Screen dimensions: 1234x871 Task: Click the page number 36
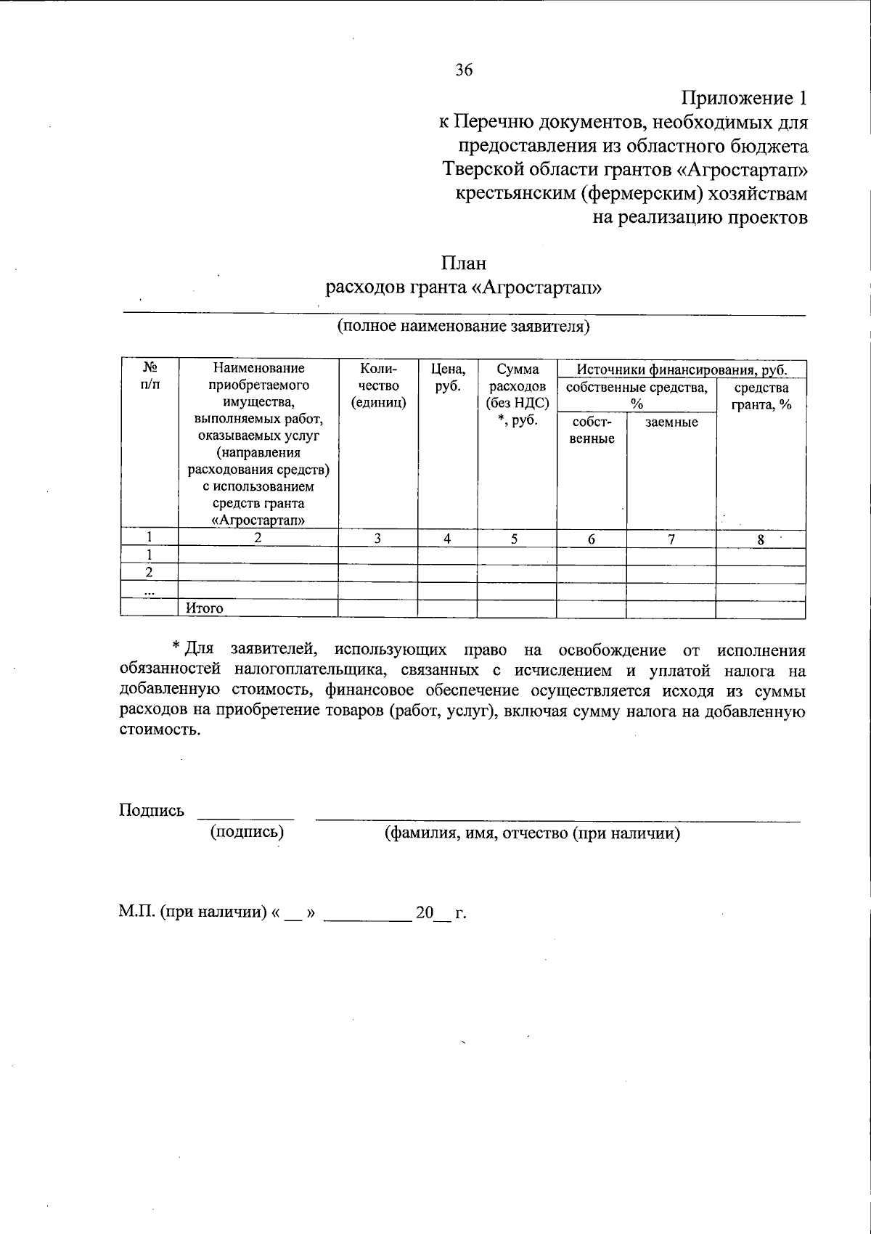(x=464, y=70)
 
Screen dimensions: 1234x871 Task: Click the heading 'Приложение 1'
(x=743, y=98)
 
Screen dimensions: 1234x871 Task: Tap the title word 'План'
(x=463, y=263)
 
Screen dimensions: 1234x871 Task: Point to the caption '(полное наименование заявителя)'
(x=463, y=326)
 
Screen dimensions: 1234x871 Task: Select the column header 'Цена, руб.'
(x=448, y=378)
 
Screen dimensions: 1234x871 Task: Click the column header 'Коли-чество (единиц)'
(x=378, y=385)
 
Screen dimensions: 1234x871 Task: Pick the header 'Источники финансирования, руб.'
(x=681, y=370)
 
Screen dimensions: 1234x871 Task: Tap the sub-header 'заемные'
(x=671, y=422)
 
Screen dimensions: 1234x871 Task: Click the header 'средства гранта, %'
(x=761, y=396)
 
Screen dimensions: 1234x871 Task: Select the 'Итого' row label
(x=205, y=608)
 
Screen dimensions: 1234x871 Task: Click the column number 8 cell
(x=760, y=539)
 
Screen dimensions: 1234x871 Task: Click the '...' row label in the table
(x=150, y=592)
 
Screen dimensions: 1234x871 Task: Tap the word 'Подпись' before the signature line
(x=151, y=811)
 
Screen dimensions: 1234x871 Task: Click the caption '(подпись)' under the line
(x=247, y=832)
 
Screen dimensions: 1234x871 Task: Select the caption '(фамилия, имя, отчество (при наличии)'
(x=531, y=833)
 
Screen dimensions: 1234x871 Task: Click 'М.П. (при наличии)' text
(x=192, y=912)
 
